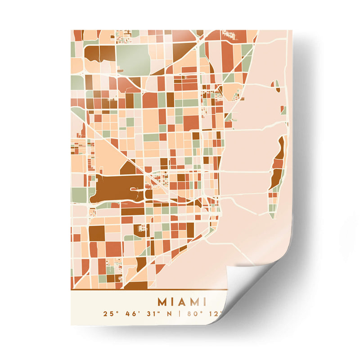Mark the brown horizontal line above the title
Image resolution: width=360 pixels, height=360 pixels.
tap(144, 290)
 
